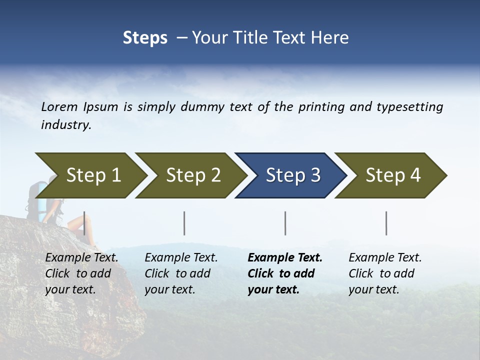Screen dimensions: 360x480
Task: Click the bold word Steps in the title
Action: [145, 38]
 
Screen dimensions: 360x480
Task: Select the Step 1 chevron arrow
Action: [90, 175]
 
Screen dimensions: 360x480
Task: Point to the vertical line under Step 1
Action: [84, 223]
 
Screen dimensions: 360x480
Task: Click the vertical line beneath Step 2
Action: [184, 223]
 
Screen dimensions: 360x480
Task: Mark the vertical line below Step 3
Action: [285, 223]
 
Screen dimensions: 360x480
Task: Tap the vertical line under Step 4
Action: [386, 223]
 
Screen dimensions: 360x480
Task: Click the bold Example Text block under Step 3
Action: [284, 273]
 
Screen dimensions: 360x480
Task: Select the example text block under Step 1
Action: [81, 273]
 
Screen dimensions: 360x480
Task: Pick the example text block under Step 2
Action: [181, 273]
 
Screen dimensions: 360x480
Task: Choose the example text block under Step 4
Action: [385, 273]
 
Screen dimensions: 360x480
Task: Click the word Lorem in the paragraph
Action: [59, 107]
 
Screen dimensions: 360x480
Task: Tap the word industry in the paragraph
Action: [65, 125]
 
